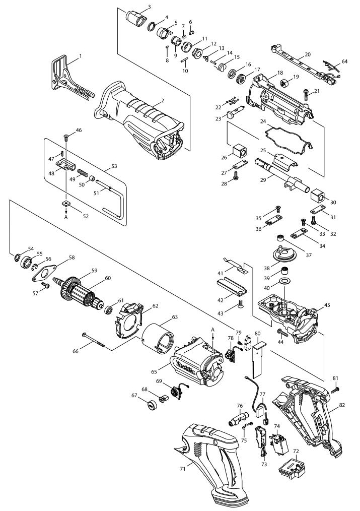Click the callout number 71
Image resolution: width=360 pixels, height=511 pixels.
pyautogui.click(x=183, y=469)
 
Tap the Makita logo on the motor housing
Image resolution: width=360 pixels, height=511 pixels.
pyautogui.click(x=185, y=367)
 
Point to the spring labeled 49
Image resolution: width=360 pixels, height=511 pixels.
pyautogui.click(x=83, y=172)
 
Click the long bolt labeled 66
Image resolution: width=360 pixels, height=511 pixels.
pyautogui.click(x=94, y=340)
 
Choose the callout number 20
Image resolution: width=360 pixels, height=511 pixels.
pyautogui.click(x=308, y=54)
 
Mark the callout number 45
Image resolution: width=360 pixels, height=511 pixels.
pyautogui.click(x=327, y=305)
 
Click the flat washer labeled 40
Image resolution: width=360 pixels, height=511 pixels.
pyautogui.click(x=285, y=281)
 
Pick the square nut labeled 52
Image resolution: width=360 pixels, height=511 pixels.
pyautogui.click(x=66, y=204)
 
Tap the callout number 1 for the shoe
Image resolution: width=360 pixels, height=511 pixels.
pyautogui.click(x=81, y=56)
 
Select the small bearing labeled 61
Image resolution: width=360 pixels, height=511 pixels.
pyautogui.click(x=109, y=309)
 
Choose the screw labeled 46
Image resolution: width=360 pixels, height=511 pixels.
pyautogui.click(x=66, y=138)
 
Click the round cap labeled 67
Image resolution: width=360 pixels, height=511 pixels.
pyautogui.click(x=152, y=406)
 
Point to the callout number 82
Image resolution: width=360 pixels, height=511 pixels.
pyautogui.click(x=342, y=405)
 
